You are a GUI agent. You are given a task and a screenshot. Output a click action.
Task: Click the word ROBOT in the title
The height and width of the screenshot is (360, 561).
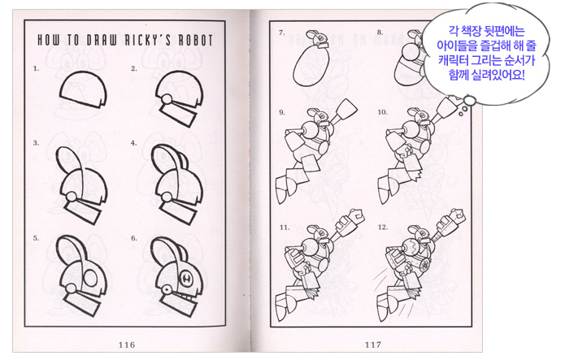pyautogui.click(x=195, y=40)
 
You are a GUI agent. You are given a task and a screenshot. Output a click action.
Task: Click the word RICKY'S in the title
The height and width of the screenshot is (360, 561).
pyautogui.click(x=147, y=40)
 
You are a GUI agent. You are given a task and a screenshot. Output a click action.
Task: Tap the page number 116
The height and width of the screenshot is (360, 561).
pyautogui.click(x=127, y=345)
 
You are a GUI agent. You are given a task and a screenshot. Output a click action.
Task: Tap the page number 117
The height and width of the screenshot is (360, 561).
pyautogui.click(x=373, y=345)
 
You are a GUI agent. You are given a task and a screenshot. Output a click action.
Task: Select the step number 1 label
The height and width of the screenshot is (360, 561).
pyautogui.click(x=36, y=68)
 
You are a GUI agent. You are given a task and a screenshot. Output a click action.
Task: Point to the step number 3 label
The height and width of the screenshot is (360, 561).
pyautogui.click(x=36, y=143)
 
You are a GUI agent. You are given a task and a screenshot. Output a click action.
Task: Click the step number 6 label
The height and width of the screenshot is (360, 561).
pyautogui.click(x=134, y=238)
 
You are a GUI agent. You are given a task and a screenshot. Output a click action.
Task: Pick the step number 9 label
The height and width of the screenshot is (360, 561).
pyautogui.click(x=282, y=112)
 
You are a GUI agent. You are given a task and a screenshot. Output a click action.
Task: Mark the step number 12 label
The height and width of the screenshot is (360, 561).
pyautogui.click(x=383, y=228)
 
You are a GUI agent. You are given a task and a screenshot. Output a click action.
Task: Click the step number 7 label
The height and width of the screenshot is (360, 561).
pyautogui.click(x=282, y=33)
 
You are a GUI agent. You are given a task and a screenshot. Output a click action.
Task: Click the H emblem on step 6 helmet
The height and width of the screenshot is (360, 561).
pyautogui.click(x=186, y=277)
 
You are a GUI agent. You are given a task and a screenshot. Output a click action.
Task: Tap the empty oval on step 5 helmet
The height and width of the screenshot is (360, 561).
pyautogui.click(x=90, y=278)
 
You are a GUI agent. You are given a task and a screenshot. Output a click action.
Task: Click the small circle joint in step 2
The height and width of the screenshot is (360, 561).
pyautogui.click(x=166, y=98)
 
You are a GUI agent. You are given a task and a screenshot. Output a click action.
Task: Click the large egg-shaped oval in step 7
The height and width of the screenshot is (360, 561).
pyautogui.click(x=311, y=66)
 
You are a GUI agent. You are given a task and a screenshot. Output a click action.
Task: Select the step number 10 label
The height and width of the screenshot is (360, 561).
pyautogui.click(x=382, y=112)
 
